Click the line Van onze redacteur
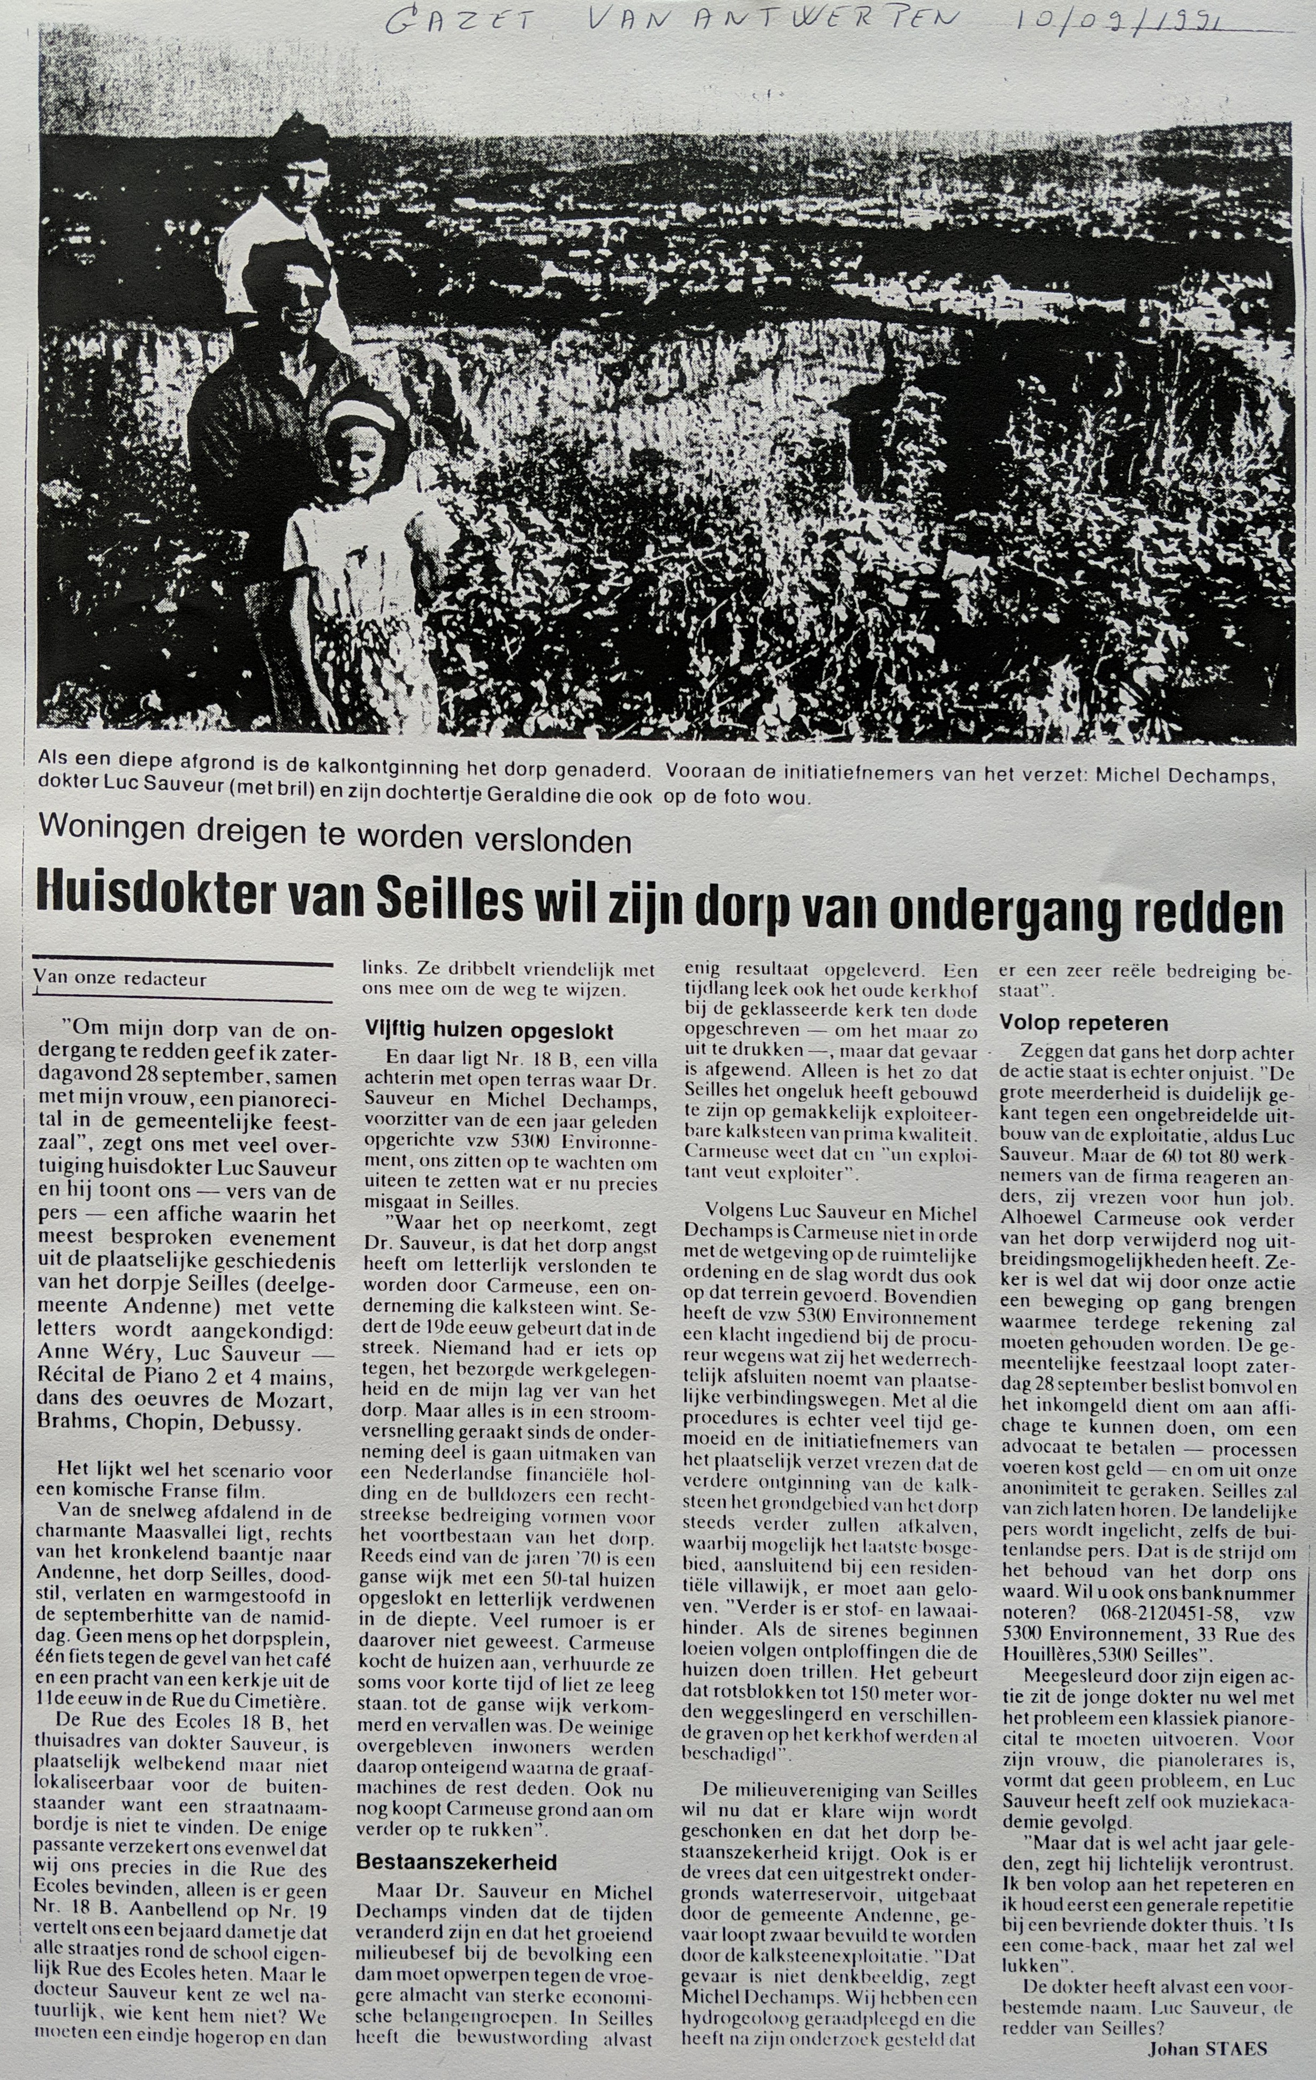pos(121,979)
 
